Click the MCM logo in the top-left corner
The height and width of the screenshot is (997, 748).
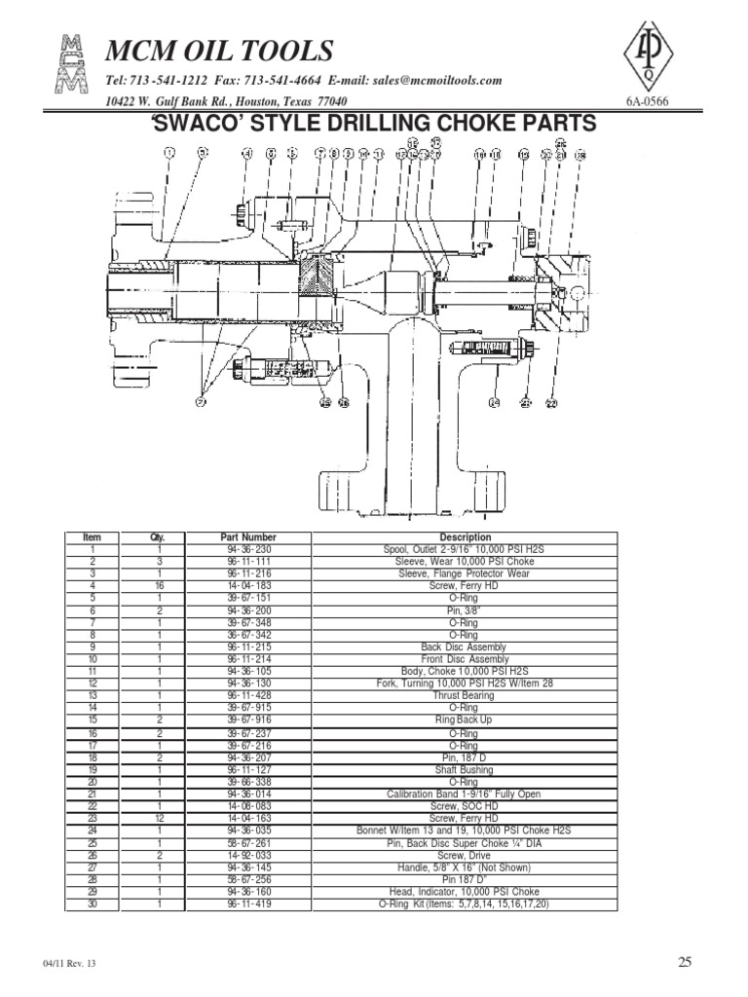(71, 66)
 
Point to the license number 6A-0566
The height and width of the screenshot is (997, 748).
(648, 102)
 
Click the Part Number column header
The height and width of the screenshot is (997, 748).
(248, 537)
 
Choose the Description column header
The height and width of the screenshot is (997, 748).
(466, 537)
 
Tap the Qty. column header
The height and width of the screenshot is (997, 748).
(159, 537)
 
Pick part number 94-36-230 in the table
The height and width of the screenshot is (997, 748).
(248, 550)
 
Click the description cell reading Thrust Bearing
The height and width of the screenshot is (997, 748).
(465, 696)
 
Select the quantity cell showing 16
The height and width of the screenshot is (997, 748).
(159, 586)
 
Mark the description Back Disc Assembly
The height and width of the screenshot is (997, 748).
(465, 647)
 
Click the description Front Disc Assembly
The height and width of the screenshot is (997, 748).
(465, 659)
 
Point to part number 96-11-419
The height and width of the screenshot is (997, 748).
(248, 904)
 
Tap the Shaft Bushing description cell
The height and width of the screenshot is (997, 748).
(465, 769)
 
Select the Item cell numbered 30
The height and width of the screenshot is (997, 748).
(93, 904)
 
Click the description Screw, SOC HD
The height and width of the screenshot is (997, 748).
(465, 806)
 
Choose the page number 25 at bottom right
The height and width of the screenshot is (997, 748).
(685, 963)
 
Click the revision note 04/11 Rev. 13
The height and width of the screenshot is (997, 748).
(70, 964)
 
